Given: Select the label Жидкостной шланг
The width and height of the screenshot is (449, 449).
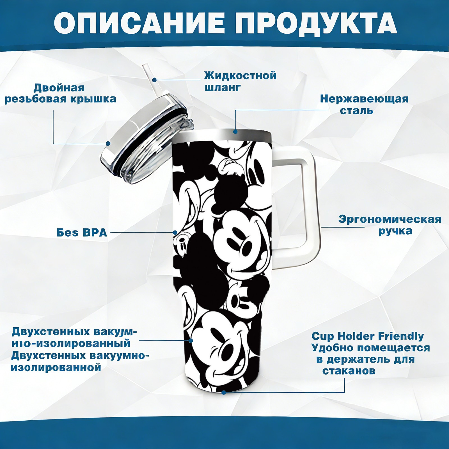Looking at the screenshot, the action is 240,81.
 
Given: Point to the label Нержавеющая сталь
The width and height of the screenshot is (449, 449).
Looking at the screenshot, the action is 364,104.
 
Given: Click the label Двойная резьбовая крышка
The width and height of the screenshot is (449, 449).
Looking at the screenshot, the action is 60,93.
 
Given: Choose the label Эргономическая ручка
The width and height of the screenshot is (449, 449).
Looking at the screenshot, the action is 390,225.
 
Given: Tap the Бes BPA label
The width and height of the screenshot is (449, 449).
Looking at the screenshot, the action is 82,233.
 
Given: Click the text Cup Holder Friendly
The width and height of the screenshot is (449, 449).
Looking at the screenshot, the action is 368,336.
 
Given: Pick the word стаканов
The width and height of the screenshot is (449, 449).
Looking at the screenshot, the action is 349,371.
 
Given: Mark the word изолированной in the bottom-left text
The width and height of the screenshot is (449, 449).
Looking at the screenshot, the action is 56,367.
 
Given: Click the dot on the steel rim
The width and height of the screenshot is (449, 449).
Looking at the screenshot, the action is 235,131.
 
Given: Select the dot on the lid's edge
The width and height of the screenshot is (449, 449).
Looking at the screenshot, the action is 108,144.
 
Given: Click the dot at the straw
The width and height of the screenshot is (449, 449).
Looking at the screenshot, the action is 154,80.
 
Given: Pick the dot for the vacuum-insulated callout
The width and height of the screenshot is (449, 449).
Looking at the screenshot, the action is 191,340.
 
